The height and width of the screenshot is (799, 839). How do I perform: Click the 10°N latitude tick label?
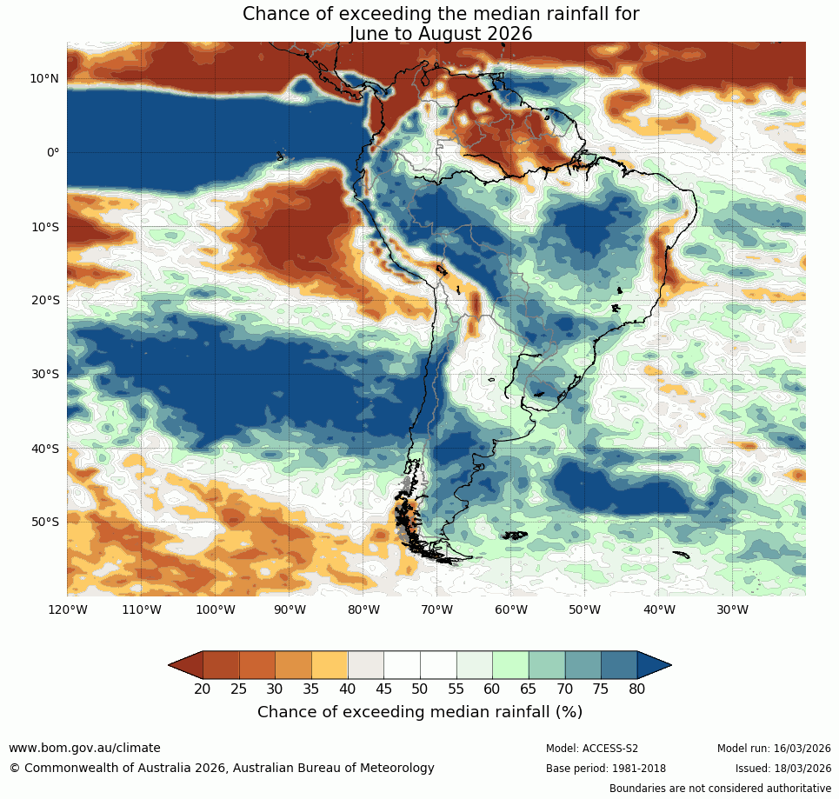tap(44, 78)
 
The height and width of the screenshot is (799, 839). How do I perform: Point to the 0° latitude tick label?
tap(53, 152)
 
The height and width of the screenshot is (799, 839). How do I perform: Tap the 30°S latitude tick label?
tap(44, 374)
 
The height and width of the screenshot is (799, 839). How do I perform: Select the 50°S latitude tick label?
tap(44, 522)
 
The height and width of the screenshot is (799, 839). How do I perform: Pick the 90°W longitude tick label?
tap(289, 609)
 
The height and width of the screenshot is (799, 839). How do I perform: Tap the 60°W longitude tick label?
tap(511, 609)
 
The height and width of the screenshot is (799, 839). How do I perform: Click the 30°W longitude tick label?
tap(733, 609)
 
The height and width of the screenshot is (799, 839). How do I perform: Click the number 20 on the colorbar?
tap(203, 689)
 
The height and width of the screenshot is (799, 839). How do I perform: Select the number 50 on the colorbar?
tap(420, 689)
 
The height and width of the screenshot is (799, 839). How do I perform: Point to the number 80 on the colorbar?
tap(637, 689)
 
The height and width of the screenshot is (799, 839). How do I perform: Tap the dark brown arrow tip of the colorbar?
tap(185, 665)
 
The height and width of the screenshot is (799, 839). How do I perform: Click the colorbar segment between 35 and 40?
tap(330, 665)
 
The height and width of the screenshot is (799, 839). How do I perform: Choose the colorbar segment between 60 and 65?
tap(510, 665)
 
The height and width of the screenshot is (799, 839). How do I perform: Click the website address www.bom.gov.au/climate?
tap(84, 748)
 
